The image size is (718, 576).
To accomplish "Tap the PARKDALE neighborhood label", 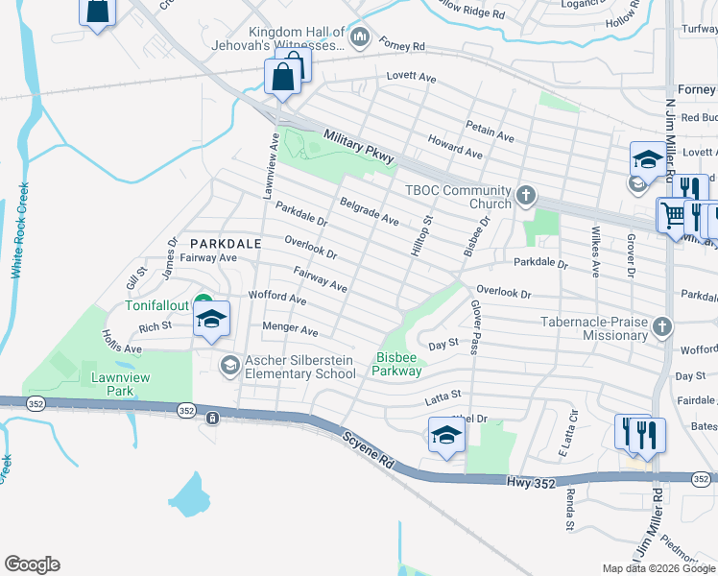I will (226, 244).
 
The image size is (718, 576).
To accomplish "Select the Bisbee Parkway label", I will (397, 364).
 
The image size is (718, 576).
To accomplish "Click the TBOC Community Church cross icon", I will (524, 196).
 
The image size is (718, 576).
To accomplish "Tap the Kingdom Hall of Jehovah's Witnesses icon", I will (361, 38).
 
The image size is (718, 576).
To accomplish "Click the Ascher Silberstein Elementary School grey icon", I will (229, 365).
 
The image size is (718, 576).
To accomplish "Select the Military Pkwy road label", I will (359, 148).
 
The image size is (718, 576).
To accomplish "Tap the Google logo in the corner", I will (32, 564).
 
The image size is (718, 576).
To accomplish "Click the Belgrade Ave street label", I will (370, 212).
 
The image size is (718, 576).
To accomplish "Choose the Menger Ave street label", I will (290, 329).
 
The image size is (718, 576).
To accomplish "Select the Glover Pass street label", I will (474, 325).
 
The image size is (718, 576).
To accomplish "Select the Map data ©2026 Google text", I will (658, 568).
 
